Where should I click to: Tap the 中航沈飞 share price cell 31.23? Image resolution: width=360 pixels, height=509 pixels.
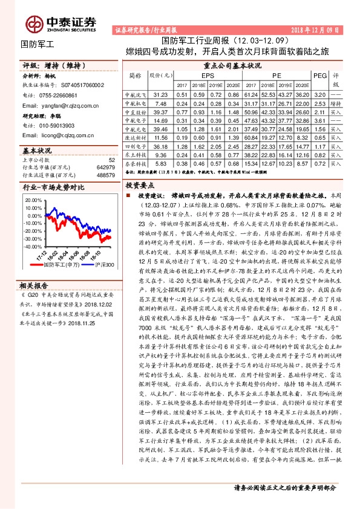click(160, 95)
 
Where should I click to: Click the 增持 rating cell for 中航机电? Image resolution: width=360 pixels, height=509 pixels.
click(336, 103)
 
